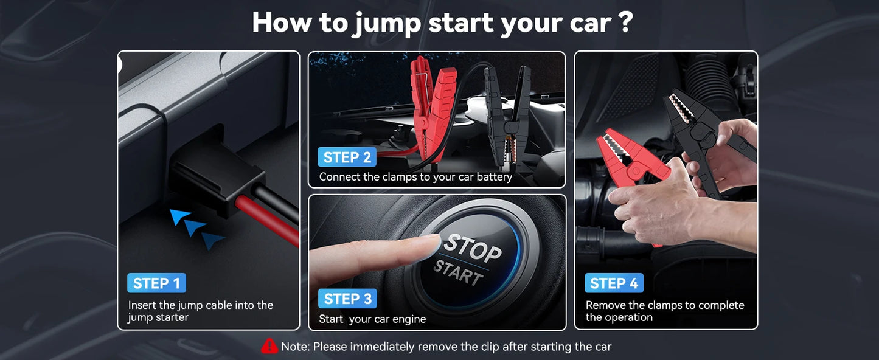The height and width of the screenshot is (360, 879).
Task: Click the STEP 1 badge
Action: pos(156,283)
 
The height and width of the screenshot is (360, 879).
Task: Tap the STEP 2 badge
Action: pos(347,157)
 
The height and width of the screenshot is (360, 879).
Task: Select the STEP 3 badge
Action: pos(347,299)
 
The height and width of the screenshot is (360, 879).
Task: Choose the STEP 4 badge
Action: pos(614,283)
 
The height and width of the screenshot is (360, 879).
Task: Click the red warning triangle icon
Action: pos(269,346)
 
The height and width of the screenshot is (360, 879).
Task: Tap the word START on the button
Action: pos(458,274)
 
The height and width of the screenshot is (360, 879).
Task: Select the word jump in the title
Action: pos(386,22)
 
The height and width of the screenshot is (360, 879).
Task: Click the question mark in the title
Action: pos(625,22)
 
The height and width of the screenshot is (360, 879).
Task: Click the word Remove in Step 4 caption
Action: pos(605,305)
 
